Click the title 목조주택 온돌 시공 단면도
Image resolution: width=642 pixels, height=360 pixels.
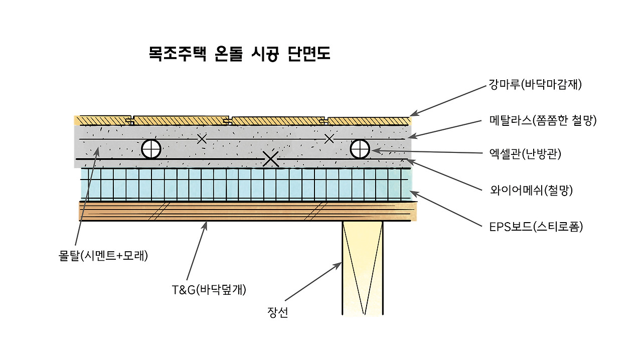pos(239,54)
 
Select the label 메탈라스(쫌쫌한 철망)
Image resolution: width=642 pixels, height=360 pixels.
pos(543,120)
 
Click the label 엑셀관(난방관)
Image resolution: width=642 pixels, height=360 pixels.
pos(525,154)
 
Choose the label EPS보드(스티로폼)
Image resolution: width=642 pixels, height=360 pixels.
pos(536,227)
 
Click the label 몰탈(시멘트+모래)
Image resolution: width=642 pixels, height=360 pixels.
pos(103,256)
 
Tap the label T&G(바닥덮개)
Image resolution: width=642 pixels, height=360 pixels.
pos(209,289)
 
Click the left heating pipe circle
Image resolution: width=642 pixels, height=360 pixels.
pos(151,149)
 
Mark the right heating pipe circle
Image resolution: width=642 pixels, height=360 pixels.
pos(360,148)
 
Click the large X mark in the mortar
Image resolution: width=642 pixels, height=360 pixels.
pos(271,158)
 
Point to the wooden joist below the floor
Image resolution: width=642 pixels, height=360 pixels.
pos(362,268)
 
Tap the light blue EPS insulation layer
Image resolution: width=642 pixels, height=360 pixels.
pos(246,184)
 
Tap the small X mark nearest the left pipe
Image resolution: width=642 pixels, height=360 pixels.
pos(202,139)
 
